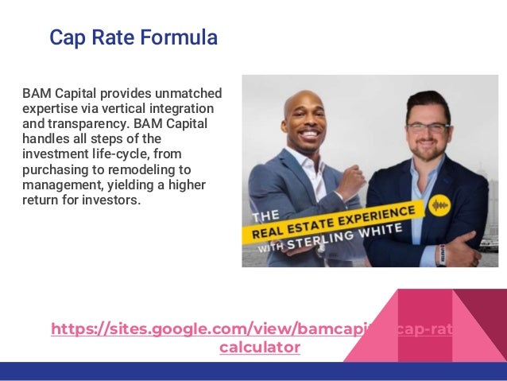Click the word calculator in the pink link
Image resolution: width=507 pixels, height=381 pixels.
[x=260, y=348]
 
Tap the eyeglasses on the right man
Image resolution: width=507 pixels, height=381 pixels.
[x=427, y=127]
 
